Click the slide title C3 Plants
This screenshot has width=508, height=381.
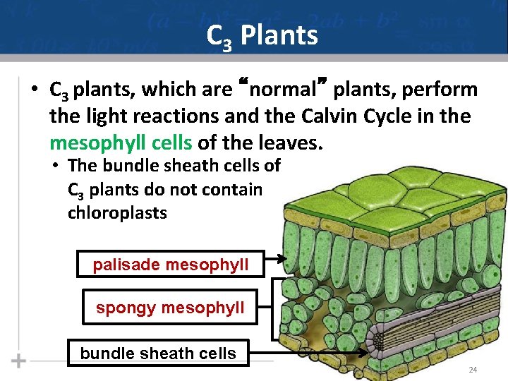262,35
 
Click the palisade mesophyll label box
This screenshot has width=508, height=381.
171,265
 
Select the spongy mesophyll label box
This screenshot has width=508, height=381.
170,308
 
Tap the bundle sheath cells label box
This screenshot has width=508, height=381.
158,353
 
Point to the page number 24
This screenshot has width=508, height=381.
472,370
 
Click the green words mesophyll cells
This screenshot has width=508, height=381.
121,143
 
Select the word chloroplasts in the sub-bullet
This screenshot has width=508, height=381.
117,213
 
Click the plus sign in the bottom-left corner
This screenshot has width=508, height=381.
19,361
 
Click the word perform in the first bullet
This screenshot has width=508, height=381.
445,90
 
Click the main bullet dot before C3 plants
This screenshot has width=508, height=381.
33,91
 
